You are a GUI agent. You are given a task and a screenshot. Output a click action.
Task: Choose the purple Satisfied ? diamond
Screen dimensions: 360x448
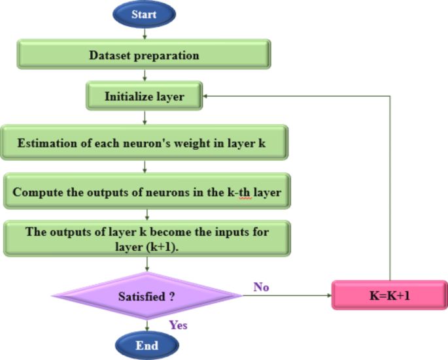coord(146,296)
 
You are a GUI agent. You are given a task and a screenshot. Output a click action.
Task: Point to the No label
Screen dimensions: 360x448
coord(261,286)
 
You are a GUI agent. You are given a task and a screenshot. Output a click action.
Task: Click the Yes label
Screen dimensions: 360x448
coord(179,324)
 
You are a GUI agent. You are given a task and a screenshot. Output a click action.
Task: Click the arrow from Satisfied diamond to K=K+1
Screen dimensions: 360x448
coord(288,295)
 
